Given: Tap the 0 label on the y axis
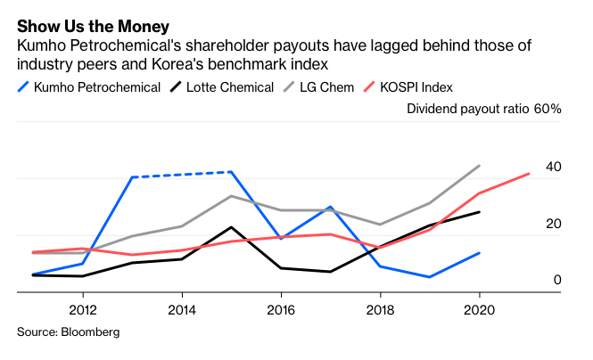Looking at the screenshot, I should (557, 280).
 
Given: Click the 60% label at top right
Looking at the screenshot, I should (548, 109).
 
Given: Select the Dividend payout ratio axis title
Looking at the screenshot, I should (468, 109).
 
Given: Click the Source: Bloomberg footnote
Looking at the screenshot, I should (68, 331).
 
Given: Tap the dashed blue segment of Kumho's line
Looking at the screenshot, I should (182, 175).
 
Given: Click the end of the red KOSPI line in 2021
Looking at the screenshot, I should (529, 174).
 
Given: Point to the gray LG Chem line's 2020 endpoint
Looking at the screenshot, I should (480, 166).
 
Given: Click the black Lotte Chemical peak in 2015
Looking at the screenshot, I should (231, 227).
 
